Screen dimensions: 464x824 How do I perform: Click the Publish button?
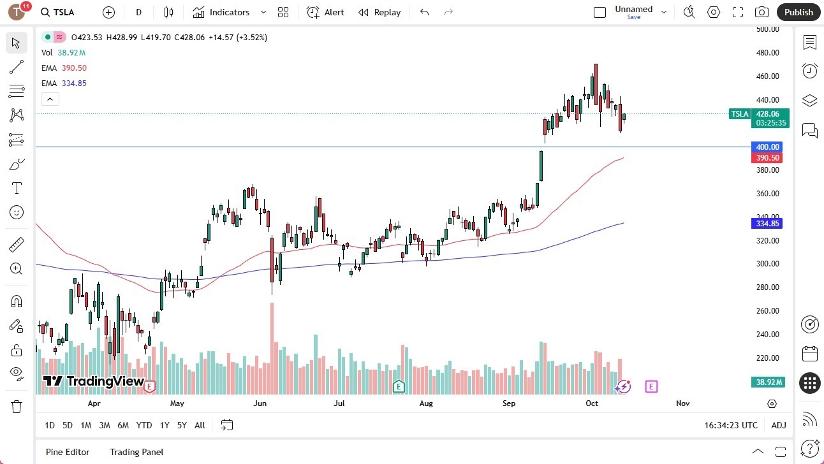click(x=798, y=12)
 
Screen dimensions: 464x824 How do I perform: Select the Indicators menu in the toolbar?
click(x=229, y=12)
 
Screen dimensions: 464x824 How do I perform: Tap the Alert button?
click(x=326, y=12)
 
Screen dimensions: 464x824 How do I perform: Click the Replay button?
click(x=380, y=12)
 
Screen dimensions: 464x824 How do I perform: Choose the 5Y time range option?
click(x=182, y=425)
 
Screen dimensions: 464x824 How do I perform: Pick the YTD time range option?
click(x=144, y=425)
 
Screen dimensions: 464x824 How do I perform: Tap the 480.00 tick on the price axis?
click(x=768, y=53)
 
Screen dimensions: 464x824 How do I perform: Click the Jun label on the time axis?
click(x=259, y=403)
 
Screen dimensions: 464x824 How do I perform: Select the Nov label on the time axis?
click(x=682, y=403)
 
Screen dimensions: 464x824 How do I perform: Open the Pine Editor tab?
click(x=68, y=452)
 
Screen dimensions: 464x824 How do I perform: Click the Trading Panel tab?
click(x=136, y=452)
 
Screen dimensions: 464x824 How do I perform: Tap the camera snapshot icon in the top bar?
click(x=761, y=12)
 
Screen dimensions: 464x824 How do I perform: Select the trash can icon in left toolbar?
click(x=17, y=406)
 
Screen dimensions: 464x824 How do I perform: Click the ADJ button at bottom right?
click(x=778, y=425)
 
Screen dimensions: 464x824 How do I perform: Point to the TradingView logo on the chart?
click(x=94, y=381)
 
